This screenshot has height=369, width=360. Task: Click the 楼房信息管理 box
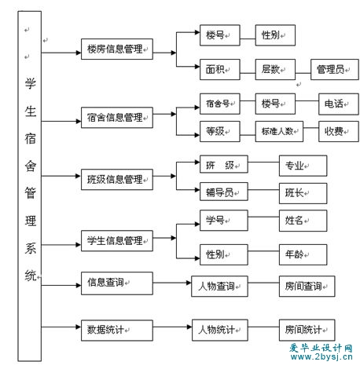pyautogui.click(x=117, y=49)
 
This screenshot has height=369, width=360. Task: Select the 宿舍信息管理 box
pyautogui.click(x=117, y=118)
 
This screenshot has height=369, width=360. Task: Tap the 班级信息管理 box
pyautogui.click(x=117, y=179)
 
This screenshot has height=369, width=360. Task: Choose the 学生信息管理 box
pyautogui.click(x=117, y=241)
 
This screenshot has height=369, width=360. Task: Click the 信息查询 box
pyautogui.click(x=117, y=283)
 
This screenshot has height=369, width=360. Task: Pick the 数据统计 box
pyautogui.click(x=117, y=331)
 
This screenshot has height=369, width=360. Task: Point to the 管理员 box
pyautogui.click(x=335, y=69)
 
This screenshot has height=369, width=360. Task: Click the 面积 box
pyautogui.click(x=220, y=69)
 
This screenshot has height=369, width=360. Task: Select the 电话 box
pyautogui.click(x=339, y=104)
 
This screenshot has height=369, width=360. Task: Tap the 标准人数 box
pyautogui.click(x=279, y=131)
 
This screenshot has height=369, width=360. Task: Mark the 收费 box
pyautogui.click(x=339, y=131)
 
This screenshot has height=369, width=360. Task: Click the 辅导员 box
pyautogui.click(x=224, y=192)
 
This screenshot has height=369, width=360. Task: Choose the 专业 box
pyautogui.click(x=303, y=166)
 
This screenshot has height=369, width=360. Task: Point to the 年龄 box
pyautogui.click(x=303, y=254)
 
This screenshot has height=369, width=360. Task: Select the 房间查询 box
pyautogui.click(x=307, y=286)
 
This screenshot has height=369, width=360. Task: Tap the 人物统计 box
pyautogui.click(x=220, y=330)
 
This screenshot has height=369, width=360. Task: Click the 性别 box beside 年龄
pyautogui.click(x=224, y=254)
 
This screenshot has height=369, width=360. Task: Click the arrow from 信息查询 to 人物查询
pyautogui.click(x=172, y=283)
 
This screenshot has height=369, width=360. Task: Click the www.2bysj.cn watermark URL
pyautogui.click(x=321, y=357)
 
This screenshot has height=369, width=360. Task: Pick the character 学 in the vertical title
pyautogui.click(x=30, y=83)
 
